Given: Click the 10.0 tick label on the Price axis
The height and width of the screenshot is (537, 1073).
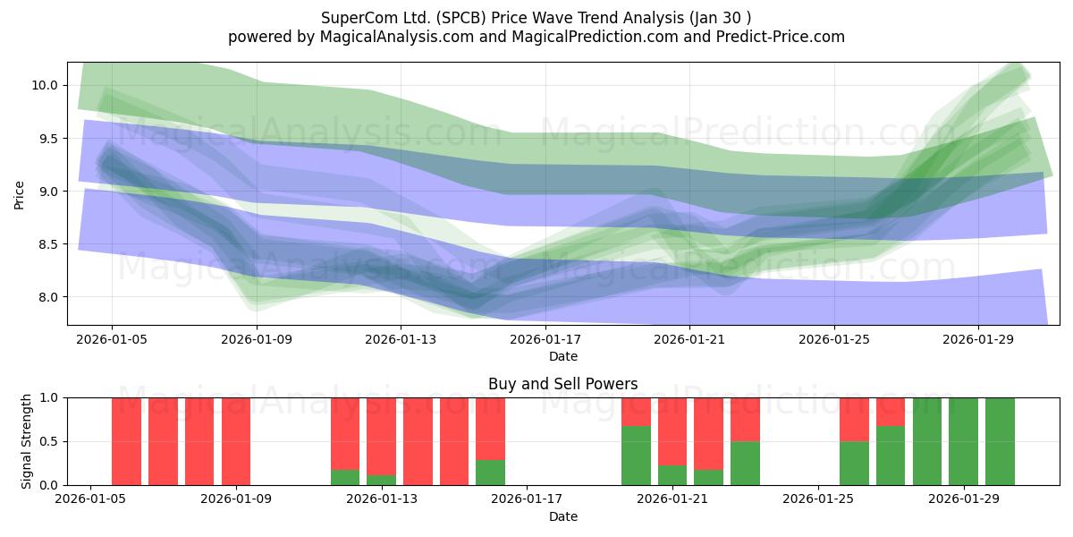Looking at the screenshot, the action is tap(44, 85).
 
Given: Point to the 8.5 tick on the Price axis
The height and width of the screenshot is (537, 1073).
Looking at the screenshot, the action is tap(47, 244).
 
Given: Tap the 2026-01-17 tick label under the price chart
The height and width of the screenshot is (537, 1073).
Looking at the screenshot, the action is tap(545, 339).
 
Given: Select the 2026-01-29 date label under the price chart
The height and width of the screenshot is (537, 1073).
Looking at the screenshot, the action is tap(978, 339).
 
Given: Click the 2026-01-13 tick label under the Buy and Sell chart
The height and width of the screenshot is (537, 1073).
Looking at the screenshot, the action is tap(382, 499).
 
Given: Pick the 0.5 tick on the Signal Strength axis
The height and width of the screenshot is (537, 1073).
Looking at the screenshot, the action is tap(47, 441).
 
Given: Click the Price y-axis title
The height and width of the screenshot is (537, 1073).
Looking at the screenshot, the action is tap(19, 195).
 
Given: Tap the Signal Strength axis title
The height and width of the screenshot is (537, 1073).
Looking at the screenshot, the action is tap(26, 441).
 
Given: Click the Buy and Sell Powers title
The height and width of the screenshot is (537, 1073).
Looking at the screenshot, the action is tap(562, 384).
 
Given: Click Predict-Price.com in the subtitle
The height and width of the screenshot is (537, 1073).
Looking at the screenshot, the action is tap(781, 37).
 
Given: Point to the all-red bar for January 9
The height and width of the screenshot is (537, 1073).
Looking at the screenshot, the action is tap(236, 441).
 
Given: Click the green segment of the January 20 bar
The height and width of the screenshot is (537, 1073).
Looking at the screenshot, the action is tap(636, 456).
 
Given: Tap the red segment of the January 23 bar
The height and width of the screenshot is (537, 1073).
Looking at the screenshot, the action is tap(746, 420).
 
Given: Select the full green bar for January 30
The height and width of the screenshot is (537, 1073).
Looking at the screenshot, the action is tap(1001, 441).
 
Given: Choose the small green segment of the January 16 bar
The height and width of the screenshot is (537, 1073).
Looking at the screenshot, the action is tap(491, 473).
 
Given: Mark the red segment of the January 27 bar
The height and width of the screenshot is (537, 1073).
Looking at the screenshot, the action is tap(891, 412).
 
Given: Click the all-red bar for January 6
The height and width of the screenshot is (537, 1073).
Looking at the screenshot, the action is tap(126, 441).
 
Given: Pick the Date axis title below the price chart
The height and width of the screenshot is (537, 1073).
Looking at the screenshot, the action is tap(562, 357).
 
